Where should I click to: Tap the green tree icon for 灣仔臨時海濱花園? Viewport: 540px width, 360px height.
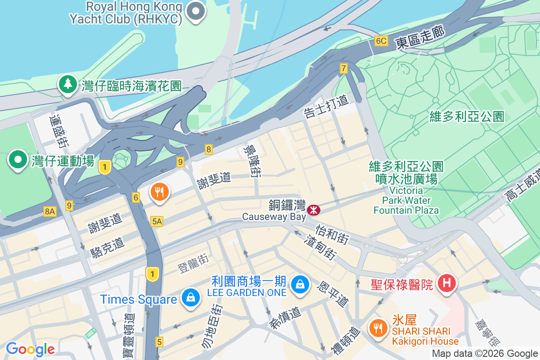pyautogui.click(x=67, y=84)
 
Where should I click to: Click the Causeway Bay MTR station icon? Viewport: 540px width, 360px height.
pyautogui.click(x=313, y=210)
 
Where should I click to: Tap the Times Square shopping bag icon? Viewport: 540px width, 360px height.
pyautogui.click(x=191, y=298)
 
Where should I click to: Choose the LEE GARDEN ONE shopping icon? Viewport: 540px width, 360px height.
pyautogui.click(x=299, y=284)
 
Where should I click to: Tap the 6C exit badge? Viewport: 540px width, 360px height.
pyautogui.click(x=381, y=41)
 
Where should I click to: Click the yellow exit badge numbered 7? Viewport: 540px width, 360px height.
pyautogui.click(x=344, y=68)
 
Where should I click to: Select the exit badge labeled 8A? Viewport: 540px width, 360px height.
pyautogui.click(x=50, y=211)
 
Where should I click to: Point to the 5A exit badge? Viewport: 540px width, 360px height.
pyautogui.click(x=157, y=221)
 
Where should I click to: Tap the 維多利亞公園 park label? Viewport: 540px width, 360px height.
pyautogui.click(x=467, y=117)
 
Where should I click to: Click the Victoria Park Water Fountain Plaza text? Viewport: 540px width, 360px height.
pyautogui.click(x=406, y=200)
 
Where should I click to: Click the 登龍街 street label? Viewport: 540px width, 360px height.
pyautogui.click(x=193, y=263)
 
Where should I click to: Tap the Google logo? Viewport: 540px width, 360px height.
pyautogui.click(x=30, y=349)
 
